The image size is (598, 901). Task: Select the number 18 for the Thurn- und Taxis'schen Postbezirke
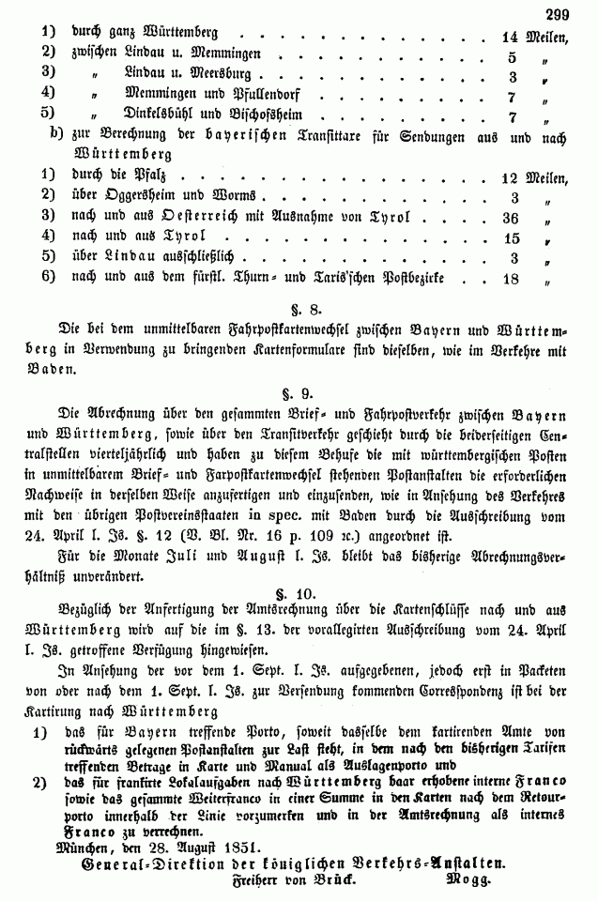[x=512, y=279]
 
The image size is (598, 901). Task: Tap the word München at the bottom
[x=75, y=845]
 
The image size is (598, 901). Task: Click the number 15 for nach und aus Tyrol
[x=512, y=237]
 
